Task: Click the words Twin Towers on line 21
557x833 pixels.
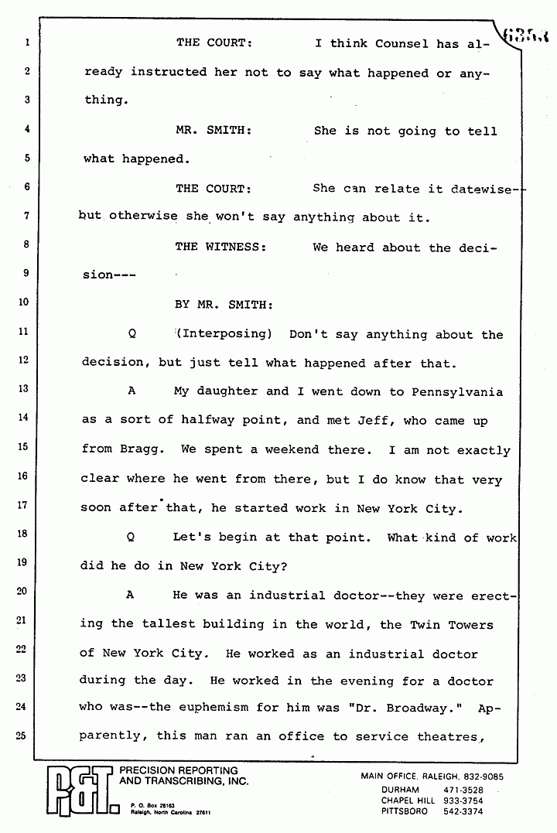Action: [x=451, y=624]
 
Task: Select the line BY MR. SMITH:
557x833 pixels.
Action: [x=224, y=305]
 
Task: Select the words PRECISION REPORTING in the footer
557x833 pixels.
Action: [x=179, y=771]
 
